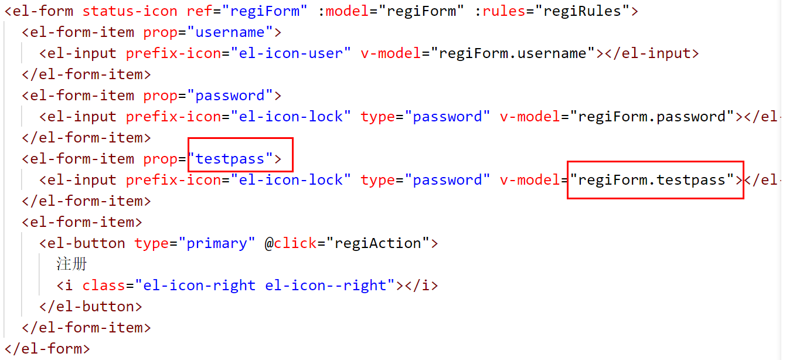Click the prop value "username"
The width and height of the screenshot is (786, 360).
[230, 32]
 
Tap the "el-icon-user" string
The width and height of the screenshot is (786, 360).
[291, 53]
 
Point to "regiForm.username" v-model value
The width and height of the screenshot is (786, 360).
[513, 53]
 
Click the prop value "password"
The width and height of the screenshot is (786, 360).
[230, 96]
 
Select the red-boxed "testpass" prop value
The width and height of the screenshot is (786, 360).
[230, 159]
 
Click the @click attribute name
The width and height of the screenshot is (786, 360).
[291, 243]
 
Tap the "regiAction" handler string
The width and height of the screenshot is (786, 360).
[377, 243]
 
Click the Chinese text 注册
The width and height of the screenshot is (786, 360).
[72, 264]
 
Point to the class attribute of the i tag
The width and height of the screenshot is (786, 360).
[104, 286]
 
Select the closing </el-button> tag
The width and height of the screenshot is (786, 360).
[91, 307]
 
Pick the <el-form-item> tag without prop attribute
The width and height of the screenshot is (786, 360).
[82, 222]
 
